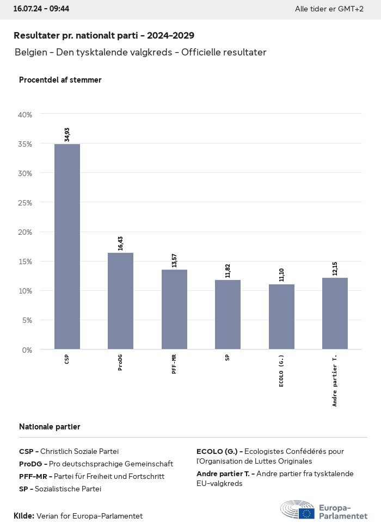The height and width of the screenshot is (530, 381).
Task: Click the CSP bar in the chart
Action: click(x=67, y=246)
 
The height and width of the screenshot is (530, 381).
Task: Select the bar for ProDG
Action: click(x=120, y=301)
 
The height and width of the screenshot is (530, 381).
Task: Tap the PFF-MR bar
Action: click(x=174, y=309)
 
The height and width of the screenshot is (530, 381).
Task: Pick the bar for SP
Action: click(x=228, y=314)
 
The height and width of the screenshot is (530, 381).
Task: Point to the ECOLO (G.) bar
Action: click(x=281, y=316)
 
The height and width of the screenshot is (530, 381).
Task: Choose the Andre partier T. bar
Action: click(x=335, y=313)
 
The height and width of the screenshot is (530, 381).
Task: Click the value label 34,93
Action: click(x=67, y=134)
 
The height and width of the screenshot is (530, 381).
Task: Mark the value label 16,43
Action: click(x=120, y=243)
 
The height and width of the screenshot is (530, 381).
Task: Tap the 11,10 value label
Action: click(x=281, y=275)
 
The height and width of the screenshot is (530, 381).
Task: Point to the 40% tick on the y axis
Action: click(x=25, y=115)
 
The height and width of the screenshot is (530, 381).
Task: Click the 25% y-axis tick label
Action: click(x=25, y=203)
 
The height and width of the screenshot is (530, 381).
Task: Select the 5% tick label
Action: click(x=27, y=320)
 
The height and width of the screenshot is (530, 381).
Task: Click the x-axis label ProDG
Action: click(x=120, y=363)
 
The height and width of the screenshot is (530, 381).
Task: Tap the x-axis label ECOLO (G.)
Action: click(x=281, y=371)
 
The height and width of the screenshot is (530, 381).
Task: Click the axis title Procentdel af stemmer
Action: click(x=60, y=80)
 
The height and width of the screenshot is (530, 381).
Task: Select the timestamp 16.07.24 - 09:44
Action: click(x=41, y=9)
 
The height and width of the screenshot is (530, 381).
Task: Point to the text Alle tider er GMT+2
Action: click(x=329, y=9)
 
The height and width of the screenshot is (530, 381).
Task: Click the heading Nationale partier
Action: click(x=50, y=427)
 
